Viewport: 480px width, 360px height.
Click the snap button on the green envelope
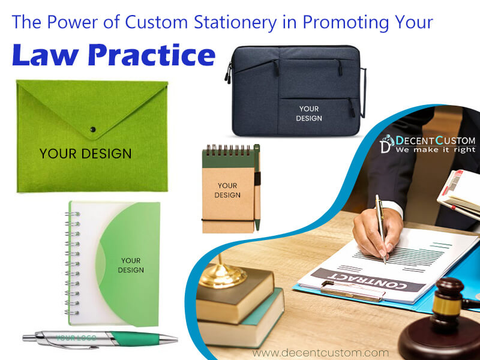92,128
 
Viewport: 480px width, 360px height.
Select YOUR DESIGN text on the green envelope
85,154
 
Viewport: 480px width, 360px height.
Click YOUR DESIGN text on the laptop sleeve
309,113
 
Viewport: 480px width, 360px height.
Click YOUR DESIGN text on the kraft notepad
227,190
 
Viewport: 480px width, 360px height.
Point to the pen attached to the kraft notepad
257,186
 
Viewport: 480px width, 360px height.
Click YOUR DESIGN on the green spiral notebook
131,265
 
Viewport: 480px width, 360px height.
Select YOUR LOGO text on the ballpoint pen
76,337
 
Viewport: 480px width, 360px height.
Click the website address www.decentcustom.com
320,352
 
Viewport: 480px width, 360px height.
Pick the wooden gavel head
445,299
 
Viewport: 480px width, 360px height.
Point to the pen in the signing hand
381,228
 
